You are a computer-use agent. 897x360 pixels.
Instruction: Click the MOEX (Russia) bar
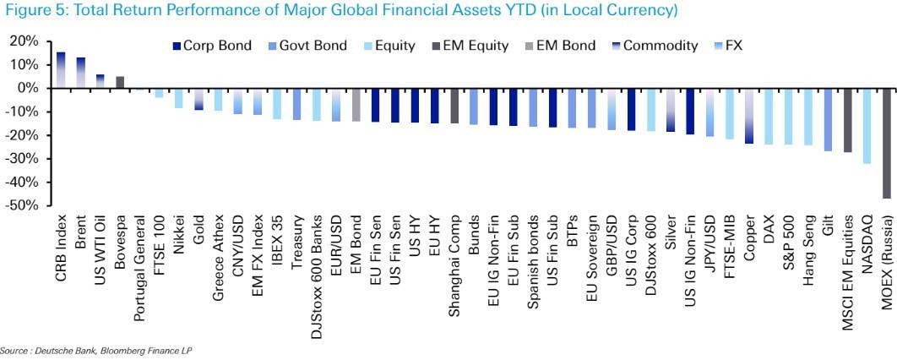click(x=886, y=143)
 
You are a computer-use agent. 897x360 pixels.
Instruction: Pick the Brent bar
click(x=81, y=73)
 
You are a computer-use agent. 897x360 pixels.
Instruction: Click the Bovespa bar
click(x=120, y=82)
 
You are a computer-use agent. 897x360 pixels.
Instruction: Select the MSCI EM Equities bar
click(x=847, y=119)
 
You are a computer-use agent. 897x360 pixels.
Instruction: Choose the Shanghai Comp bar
click(x=454, y=106)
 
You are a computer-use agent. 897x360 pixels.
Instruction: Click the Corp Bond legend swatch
click(x=177, y=46)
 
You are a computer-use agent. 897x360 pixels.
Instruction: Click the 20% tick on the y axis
click(x=24, y=41)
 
